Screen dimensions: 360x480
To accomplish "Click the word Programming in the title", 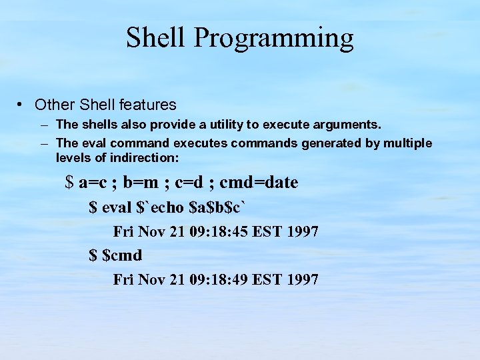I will pyautogui.click(x=274, y=39).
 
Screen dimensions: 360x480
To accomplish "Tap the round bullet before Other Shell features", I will pyautogui.click(x=22, y=105).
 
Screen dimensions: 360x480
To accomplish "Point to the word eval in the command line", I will pyautogui.click(x=117, y=207).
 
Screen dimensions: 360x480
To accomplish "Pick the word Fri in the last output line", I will pyautogui.click(x=123, y=279).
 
